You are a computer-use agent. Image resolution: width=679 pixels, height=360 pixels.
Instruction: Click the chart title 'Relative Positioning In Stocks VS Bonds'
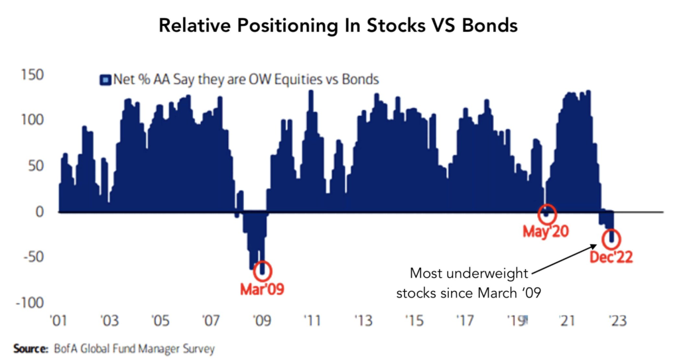tap(338, 26)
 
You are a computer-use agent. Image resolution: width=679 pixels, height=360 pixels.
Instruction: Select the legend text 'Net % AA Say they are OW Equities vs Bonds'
tap(245, 80)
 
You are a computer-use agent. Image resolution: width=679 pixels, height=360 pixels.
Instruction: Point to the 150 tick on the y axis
tap(32, 75)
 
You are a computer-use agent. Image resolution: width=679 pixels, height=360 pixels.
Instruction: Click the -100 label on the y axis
tap(29, 302)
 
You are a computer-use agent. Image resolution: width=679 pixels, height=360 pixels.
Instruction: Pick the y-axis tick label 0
tap(39, 211)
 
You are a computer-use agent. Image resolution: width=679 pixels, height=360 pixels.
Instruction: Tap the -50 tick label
tap(33, 257)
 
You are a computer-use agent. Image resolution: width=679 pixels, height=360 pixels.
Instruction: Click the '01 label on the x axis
tap(58, 321)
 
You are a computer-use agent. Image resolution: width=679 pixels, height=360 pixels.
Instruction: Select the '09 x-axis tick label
tap(261, 321)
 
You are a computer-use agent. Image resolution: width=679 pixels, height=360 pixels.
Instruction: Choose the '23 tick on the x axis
tap(617, 321)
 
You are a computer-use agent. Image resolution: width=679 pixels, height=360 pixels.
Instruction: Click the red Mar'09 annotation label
tap(262, 289)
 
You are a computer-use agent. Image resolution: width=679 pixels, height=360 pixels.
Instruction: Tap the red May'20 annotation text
tap(546, 231)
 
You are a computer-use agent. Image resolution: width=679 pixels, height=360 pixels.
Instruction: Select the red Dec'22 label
tap(611, 257)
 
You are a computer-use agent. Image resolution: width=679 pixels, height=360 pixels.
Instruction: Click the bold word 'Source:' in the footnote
tap(31, 348)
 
